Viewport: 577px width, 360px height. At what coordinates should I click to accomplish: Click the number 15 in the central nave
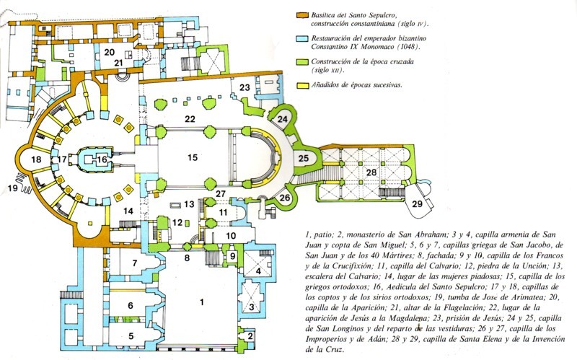click(x=192, y=158)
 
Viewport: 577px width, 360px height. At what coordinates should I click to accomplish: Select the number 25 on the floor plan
click(x=304, y=157)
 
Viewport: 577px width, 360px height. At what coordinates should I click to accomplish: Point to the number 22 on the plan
click(x=190, y=118)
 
